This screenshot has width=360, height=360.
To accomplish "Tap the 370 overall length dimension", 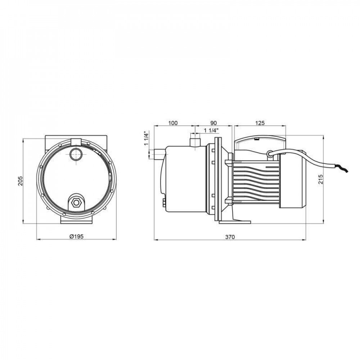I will [x=230, y=237].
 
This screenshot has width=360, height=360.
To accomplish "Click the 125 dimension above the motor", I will [x=260, y=123].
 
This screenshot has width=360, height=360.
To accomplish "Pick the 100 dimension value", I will [x=173, y=123].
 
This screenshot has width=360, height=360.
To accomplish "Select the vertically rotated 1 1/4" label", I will [x=146, y=139].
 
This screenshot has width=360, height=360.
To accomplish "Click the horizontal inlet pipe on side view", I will [x=157, y=155].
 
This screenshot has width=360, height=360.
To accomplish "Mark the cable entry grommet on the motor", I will [x=270, y=153].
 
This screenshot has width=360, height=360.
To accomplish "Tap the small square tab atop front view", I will [x=76, y=141].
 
